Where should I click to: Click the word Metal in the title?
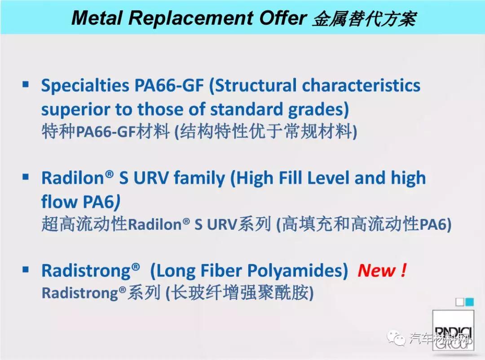click(x=97, y=18)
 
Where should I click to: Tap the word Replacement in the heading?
click(x=190, y=18)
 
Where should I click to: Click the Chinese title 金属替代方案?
click(x=364, y=18)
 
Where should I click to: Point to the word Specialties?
click(x=85, y=86)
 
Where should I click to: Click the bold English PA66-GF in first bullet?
click(x=168, y=85)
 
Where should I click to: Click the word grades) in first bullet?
click(x=318, y=110)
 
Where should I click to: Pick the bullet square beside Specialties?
click(x=25, y=84)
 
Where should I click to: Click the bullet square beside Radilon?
click(x=25, y=177)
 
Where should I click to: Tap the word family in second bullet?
click(x=199, y=179)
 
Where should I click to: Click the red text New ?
click(x=382, y=271)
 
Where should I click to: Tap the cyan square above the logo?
click(x=470, y=302)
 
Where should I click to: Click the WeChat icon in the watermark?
click(x=396, y=338)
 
